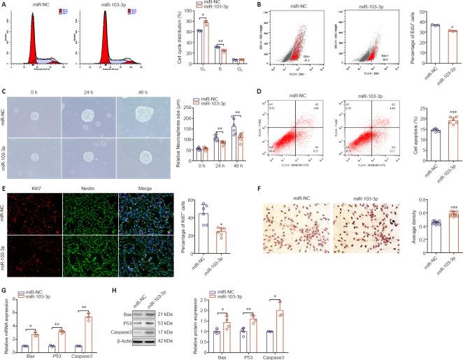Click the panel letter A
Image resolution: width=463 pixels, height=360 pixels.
point(4,4)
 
